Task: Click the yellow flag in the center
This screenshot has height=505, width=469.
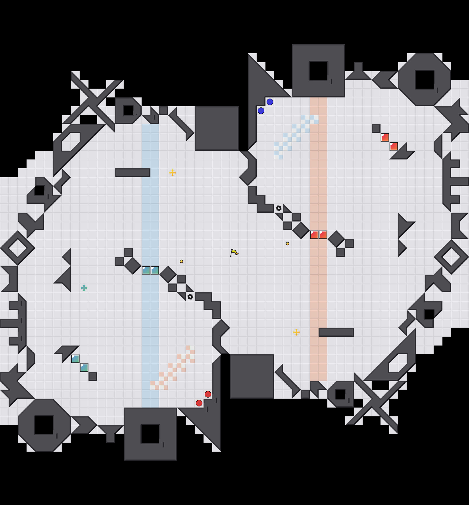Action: tap(234, 252)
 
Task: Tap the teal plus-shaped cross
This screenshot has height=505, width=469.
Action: tap(84, 288)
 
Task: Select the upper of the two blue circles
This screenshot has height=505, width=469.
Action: tap(270, 102)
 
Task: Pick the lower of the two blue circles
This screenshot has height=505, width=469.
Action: tap(261, 111)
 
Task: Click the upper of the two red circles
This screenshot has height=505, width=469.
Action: tap(208, 394)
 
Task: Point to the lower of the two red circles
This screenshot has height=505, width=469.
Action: tap(199, 403)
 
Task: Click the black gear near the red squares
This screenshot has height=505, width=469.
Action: tap(279, 208)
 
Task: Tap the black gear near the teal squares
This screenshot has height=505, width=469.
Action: tap(190, 297)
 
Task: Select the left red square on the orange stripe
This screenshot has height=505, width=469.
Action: tap(314, 235)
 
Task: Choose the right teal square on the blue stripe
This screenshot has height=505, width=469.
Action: tap(155, 270)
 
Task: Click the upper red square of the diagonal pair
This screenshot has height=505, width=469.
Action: tap(385, 137)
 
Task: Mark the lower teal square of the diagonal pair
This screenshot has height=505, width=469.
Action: tap(84, 368)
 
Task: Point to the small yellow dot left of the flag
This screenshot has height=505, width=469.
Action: tap(181, 261)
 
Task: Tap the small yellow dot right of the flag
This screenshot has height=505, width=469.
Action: tap(288, 244)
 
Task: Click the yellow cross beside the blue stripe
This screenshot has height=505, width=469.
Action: tap(173, 173)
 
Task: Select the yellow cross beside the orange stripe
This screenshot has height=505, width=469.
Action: tap(296, 332)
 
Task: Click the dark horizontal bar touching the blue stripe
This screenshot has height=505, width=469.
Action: tap(133, 173)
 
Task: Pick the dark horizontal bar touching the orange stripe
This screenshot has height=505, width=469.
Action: tap(336, 332)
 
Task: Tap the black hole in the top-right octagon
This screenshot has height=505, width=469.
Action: tap(425, 80)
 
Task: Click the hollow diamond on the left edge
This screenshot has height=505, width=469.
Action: tap(17, 248)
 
